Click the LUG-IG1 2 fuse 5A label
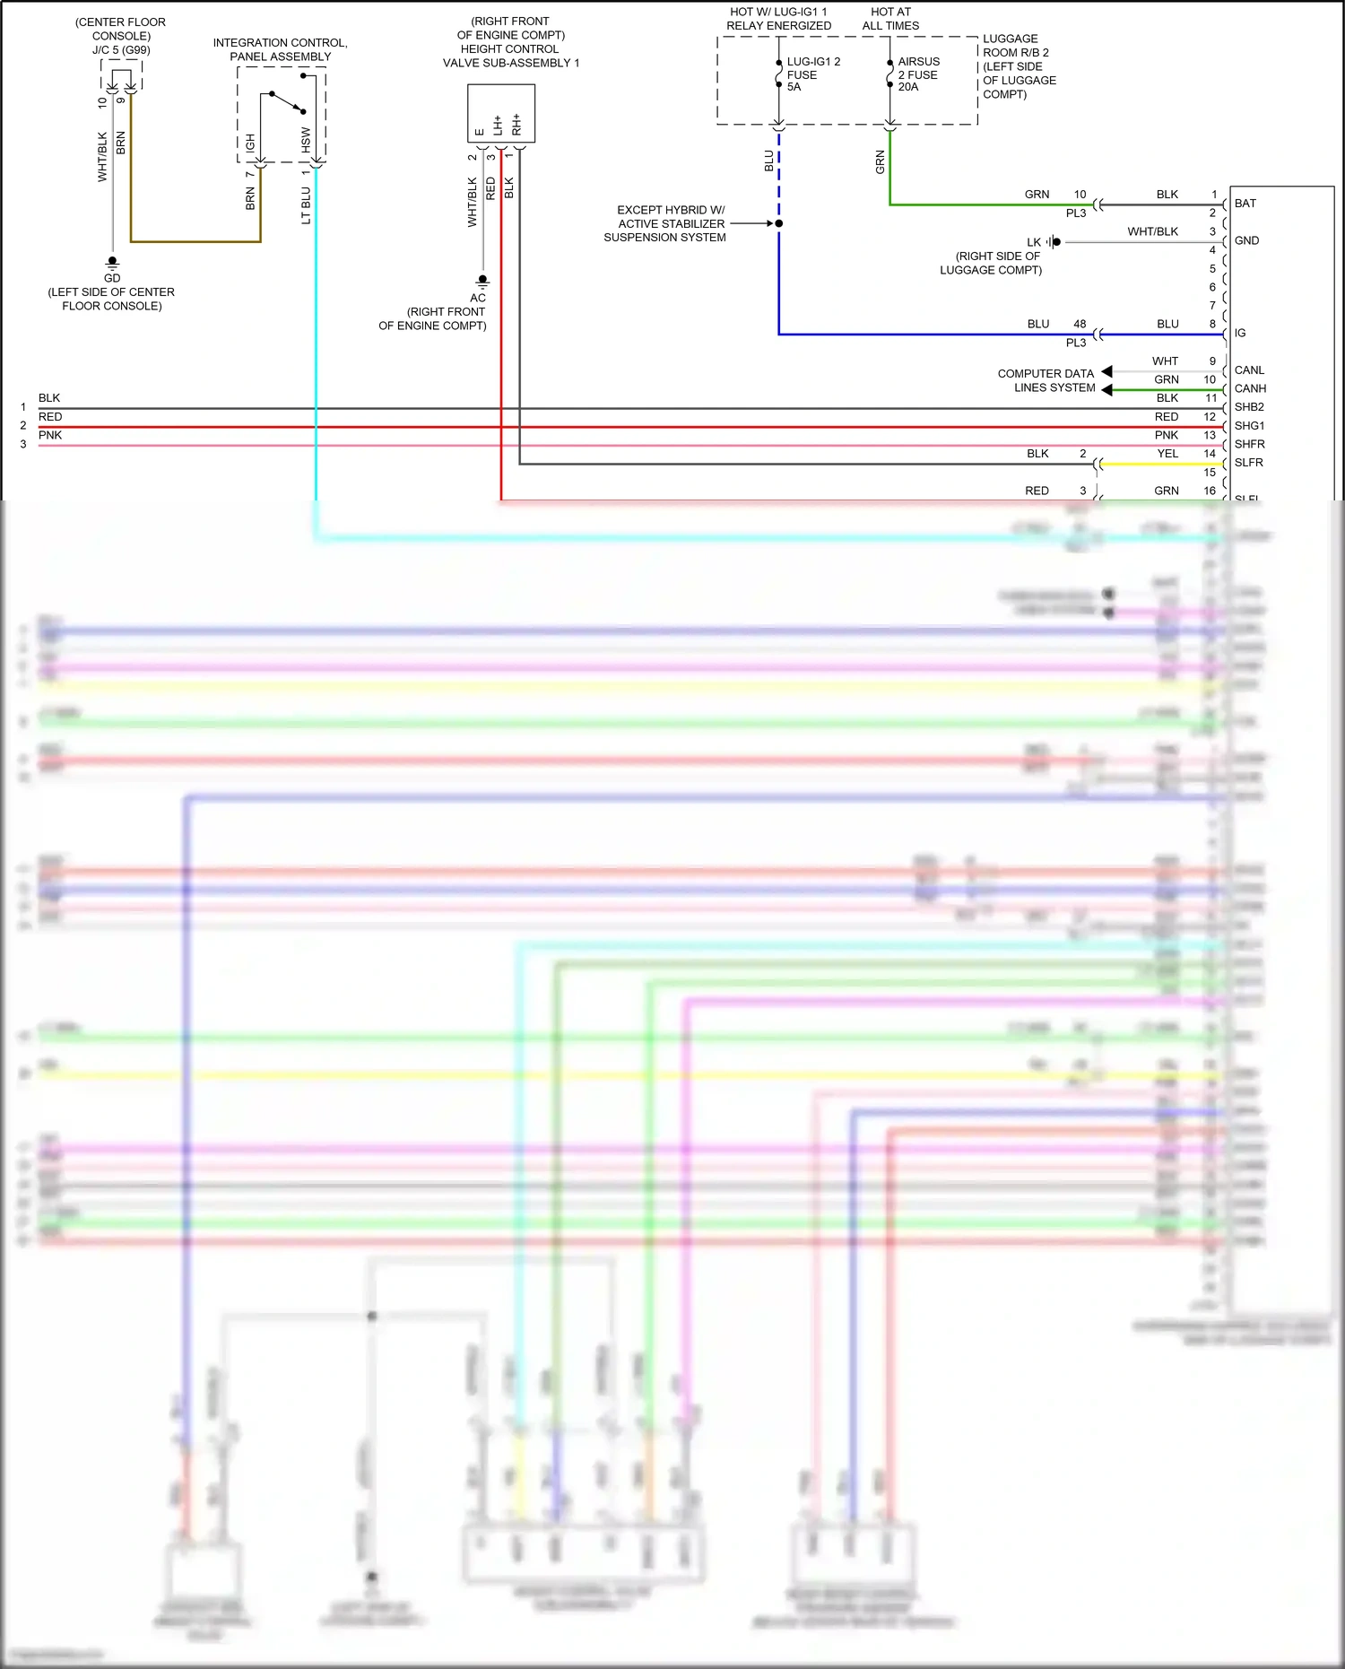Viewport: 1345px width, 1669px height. [x=812, y=74]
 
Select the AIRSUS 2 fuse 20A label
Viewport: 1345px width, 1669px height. [x=918, y=74]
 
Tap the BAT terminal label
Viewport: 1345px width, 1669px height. [x=1245, y=204]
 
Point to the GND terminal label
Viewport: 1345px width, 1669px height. [x=1246, y=240]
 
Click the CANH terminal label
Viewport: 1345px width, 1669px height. [x=1250, y=388]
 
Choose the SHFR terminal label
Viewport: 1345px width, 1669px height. [x=1249, y=444]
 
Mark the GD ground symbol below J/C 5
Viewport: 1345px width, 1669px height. [x=112, y=263]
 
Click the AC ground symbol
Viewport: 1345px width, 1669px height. [x=482, y=282]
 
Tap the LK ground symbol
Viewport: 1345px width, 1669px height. [x=1054, y=242]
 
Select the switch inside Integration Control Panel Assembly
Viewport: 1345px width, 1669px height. [x=288, y=102]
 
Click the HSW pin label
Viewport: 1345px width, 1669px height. [x=306, y=139]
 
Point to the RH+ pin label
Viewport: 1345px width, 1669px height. [x=516, y=124]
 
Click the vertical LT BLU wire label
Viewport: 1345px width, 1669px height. [x=306, y=205]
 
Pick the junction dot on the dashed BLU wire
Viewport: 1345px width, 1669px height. [x=778, y=223]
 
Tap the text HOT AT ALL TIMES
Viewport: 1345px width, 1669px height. [x=890, y=19]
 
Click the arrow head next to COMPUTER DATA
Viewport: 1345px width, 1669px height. [x=1106, y=371]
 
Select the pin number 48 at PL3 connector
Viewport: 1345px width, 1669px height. [x=1080, y=324]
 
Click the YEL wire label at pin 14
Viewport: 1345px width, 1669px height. [x=1167, y=454]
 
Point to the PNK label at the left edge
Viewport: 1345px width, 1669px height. [x=50, y=435]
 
